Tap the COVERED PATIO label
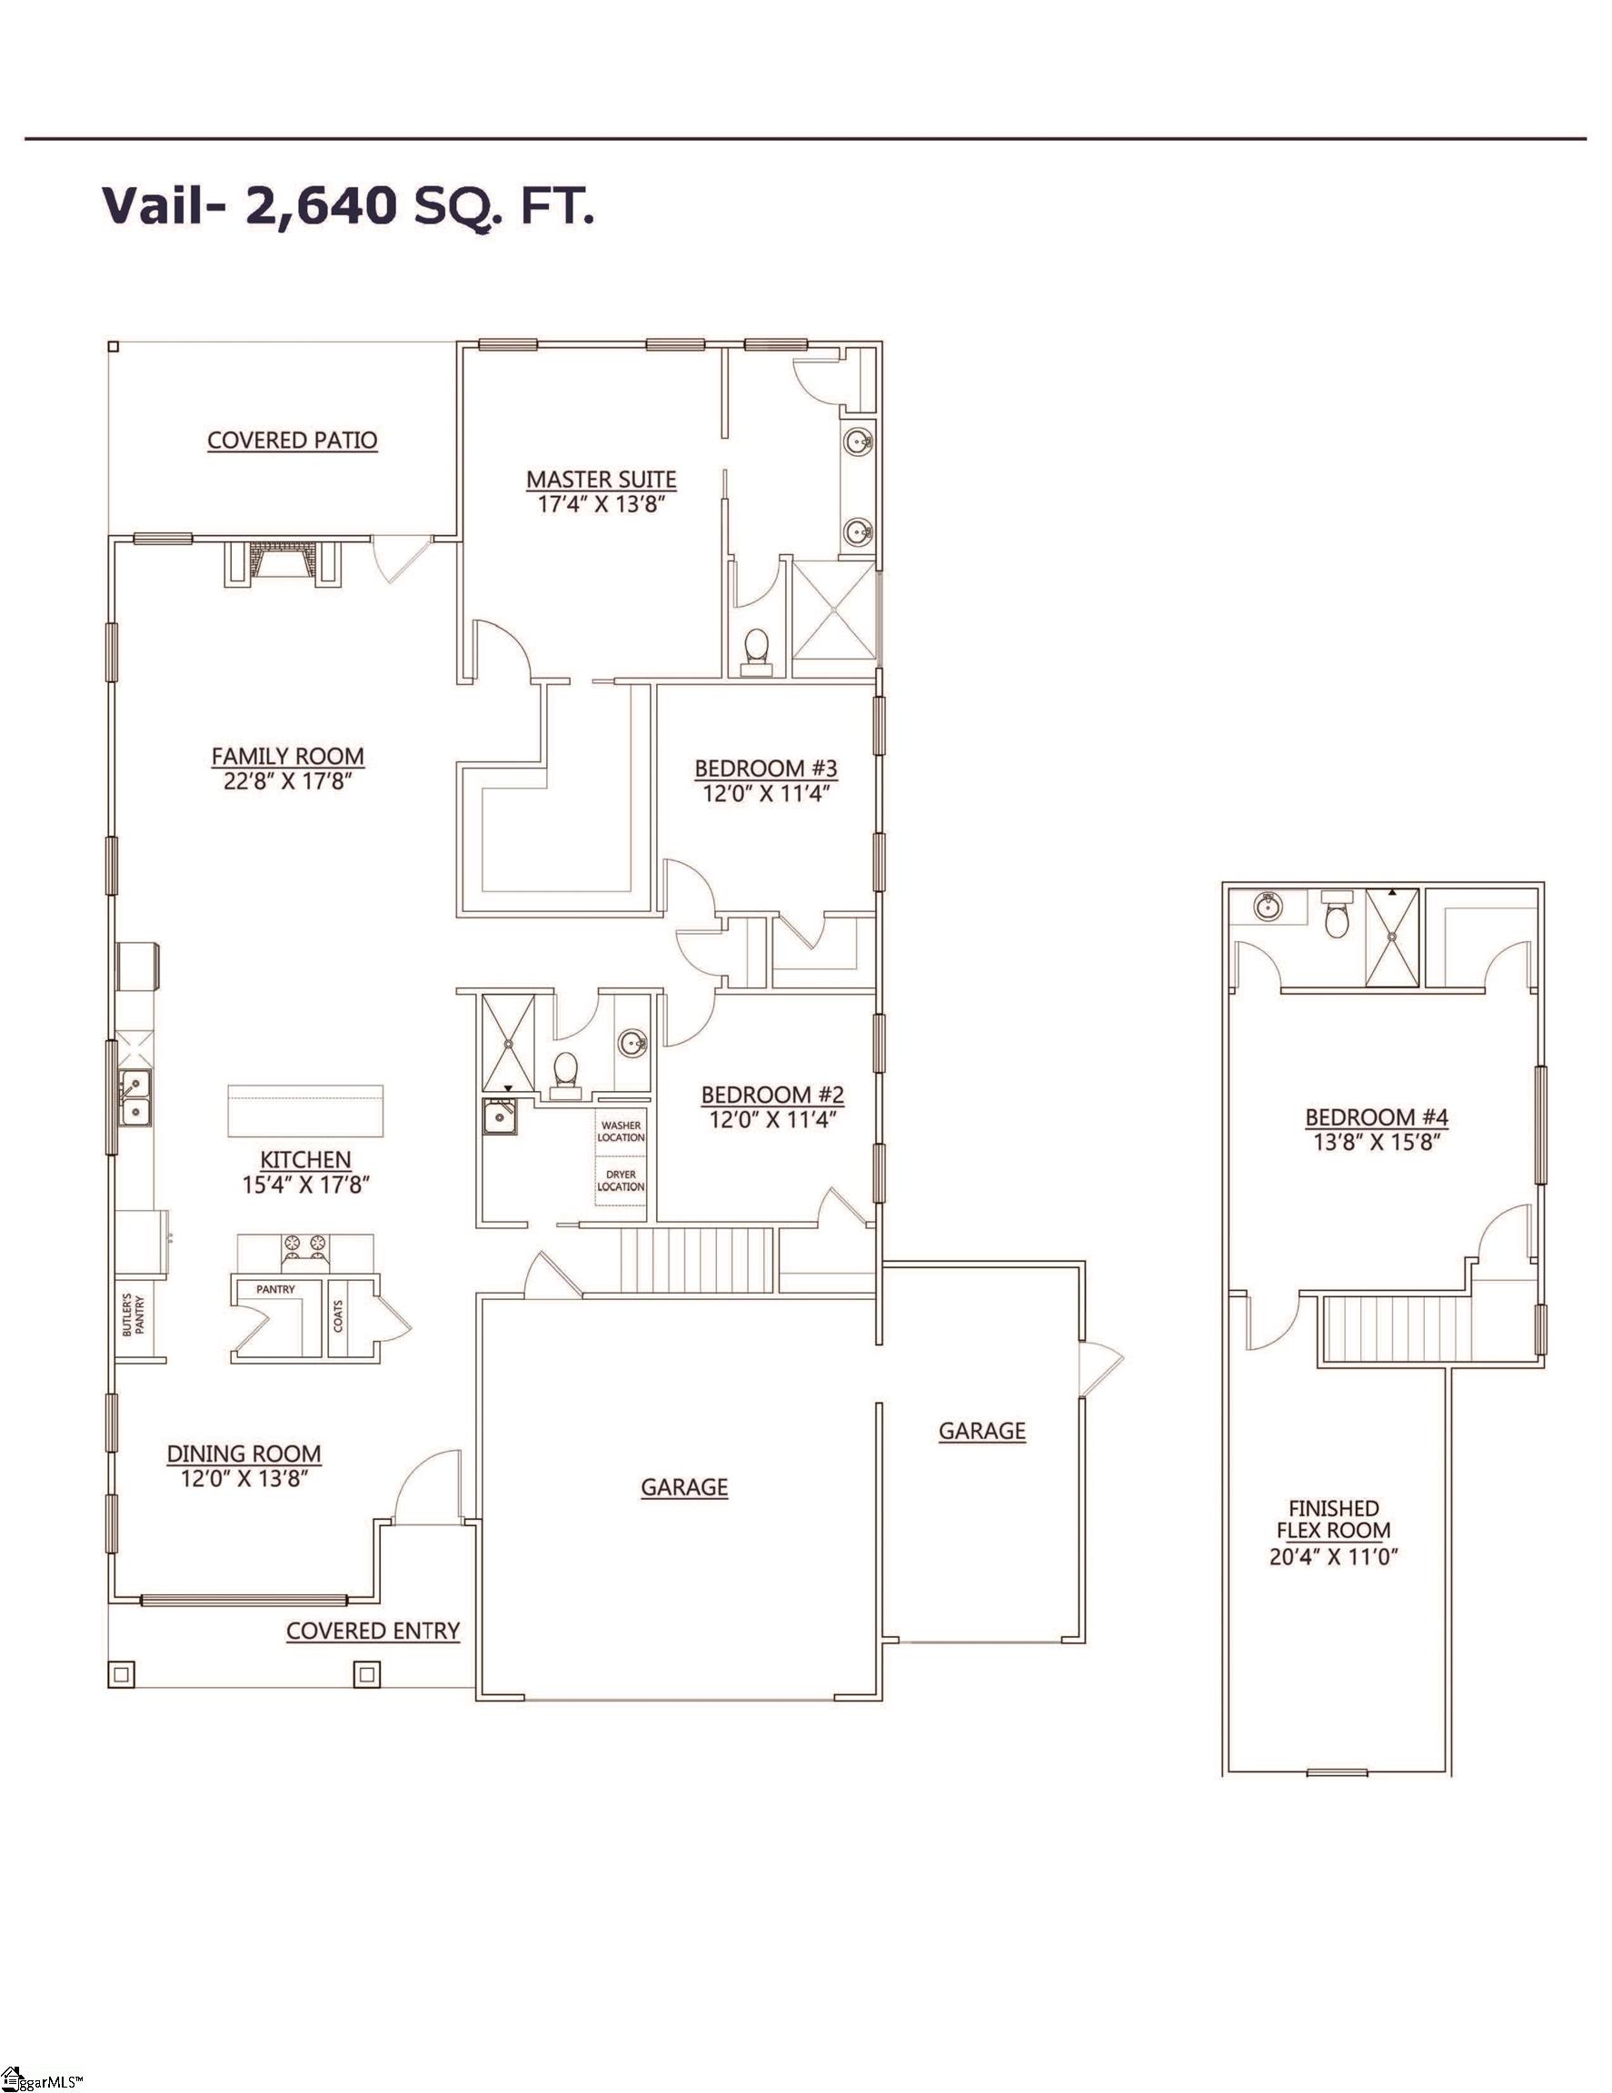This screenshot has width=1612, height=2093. coord(293,441)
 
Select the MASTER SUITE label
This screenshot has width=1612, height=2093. coord(601,479)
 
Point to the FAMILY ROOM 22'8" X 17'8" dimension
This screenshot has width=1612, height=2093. coord(287,781)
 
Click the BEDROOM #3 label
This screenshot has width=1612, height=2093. coord(766,768)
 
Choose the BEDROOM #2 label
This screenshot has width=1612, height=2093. coord(772,1095)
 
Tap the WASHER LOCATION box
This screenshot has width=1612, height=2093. coord(621,1131)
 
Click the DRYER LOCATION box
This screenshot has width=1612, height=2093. coord(621,1181)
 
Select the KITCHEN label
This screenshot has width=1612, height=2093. coord(305,1159)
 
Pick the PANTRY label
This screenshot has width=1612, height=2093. coord(275,1290)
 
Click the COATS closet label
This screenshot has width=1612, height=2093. coord(337,1316)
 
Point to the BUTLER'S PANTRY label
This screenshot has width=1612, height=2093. coord(133,1316)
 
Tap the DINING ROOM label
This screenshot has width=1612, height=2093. coord(244,1453)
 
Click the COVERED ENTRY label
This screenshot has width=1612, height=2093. coord(373,1632)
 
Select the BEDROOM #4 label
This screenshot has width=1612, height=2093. coord(1377,1116)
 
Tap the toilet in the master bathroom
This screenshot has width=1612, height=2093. coord(757,647)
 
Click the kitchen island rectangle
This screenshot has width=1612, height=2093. coord(304,1109)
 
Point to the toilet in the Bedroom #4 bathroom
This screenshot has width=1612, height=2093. coord(1335,918)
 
